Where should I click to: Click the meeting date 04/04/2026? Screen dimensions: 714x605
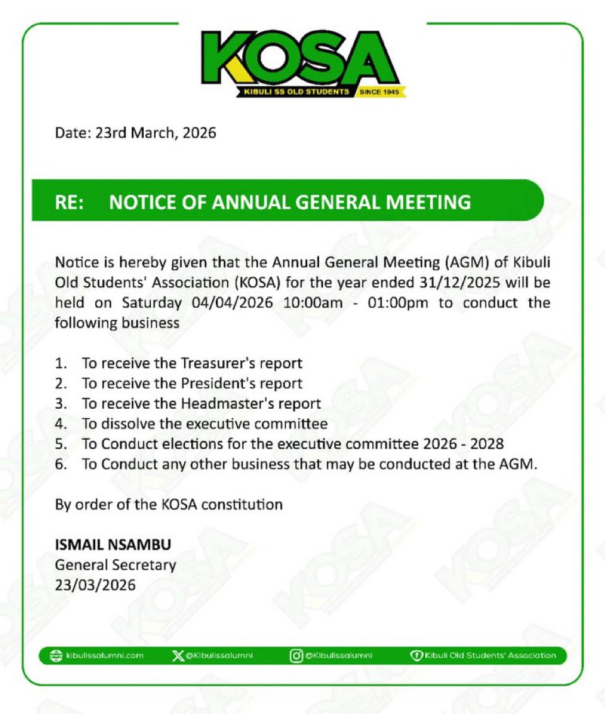[232, 303]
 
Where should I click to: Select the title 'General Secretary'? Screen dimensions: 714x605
[115, 565]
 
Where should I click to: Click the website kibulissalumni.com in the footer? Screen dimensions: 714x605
[104, 655]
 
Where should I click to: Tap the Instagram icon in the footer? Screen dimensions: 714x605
[296, 655]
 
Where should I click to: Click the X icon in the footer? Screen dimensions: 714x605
[178, 655]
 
